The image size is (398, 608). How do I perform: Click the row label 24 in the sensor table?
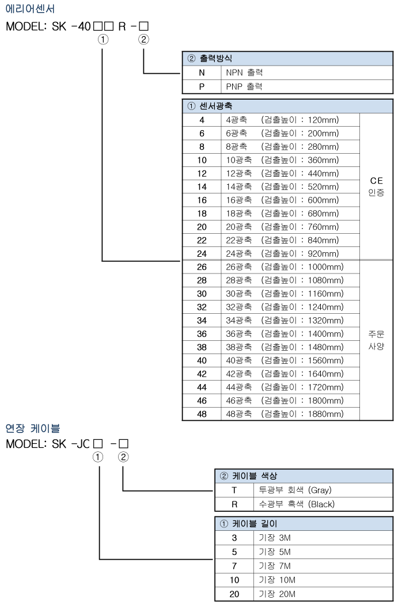pos(202,253)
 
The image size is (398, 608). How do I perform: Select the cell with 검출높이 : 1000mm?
pos(302,267)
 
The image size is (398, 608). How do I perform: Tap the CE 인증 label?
pos(377,187)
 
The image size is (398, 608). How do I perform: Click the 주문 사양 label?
pos(377,340)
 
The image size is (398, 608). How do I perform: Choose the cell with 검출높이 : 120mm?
pos(299,120)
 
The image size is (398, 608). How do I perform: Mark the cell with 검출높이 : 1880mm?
pos(302,413)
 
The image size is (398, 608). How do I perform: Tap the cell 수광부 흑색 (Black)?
pos(296,504)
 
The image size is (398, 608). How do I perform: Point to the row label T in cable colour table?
pos(234,490)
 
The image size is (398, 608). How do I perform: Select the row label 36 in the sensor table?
pos(202,333)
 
